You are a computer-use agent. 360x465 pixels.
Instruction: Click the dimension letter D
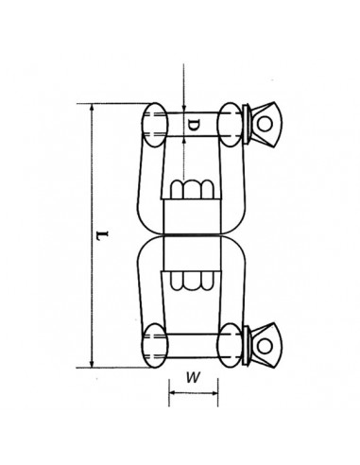pyautogui.click(x=193, y=126)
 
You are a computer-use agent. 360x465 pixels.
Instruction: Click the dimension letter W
pyautogui.click(x=193, y=377)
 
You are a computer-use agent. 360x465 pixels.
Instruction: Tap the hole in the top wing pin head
pyautogui.click(x=265, y=124)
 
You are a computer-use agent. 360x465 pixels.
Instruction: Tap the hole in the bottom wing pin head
pyautogui.click(x=265, y=346)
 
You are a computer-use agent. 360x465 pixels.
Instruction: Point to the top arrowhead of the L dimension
pyautogui.click(x=92, y=108)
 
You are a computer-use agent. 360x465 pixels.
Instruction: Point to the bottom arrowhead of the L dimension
pyautogui.click(x=92, y=364)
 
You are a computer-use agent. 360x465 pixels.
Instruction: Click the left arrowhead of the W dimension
pyautogui.click(x=172, y=393)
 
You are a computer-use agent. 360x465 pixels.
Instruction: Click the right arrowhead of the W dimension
pyautogui.click(x=214, y=393)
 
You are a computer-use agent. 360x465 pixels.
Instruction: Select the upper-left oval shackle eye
pyautogui.click(x=155, y=125)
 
